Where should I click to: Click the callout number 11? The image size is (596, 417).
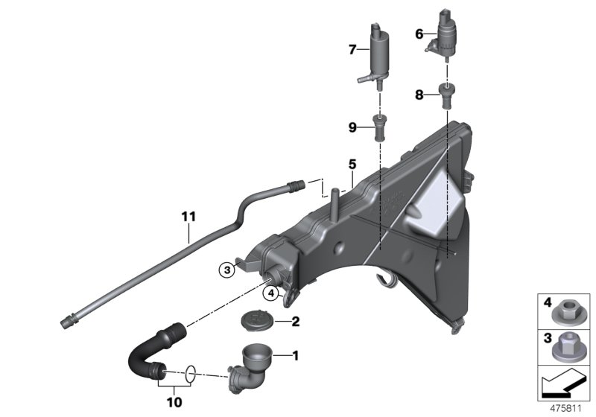coord(188,217)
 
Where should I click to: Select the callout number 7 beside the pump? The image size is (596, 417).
coord(352,50)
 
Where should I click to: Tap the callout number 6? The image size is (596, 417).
coord(419,34)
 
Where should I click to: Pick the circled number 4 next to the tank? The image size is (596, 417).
coord(273,293)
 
